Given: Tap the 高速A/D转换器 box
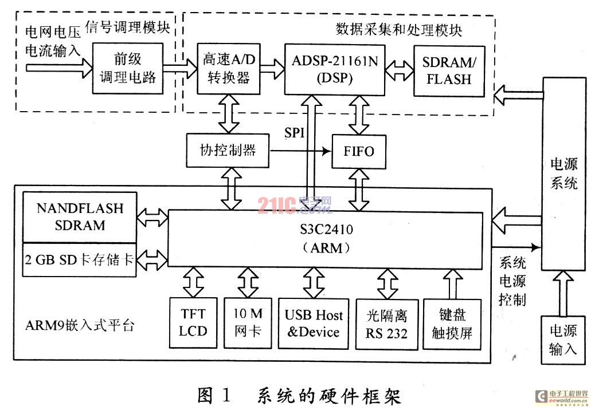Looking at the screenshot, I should (x=226, y=69).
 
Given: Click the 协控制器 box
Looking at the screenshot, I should (x=228, y=151).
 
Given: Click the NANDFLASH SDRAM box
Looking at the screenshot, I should (x=80, y=217).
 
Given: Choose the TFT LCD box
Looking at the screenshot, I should (x=193, y=322).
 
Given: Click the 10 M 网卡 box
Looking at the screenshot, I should (x=248, y=322).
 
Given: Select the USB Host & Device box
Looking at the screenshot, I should (x=313, y=322).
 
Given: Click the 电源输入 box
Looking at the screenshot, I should (x=563, y=339).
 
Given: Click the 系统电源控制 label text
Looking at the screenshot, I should (x=512, y=281).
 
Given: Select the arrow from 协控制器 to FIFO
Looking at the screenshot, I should (x=300, y=151).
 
